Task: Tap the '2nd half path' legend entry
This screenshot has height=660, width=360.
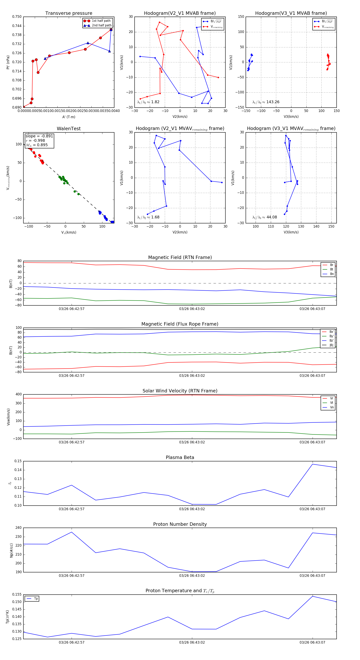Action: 101,25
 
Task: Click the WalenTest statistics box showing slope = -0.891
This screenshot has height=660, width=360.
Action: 39,140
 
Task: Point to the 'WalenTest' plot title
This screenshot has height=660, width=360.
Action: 69,129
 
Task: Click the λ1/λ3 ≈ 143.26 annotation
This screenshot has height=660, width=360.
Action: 266,102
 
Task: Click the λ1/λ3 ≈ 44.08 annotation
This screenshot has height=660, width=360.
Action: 264,217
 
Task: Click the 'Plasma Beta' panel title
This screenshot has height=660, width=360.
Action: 180,457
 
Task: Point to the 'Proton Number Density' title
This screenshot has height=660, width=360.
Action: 180,524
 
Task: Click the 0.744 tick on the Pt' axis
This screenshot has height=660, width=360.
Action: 17,26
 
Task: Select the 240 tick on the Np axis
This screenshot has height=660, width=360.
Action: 18,528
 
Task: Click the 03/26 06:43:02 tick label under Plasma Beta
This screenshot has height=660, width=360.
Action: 192,509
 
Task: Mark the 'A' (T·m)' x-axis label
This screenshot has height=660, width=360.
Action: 69,117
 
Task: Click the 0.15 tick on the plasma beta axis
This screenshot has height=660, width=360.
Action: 18,461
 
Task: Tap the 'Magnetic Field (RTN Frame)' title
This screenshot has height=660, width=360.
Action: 180,257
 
